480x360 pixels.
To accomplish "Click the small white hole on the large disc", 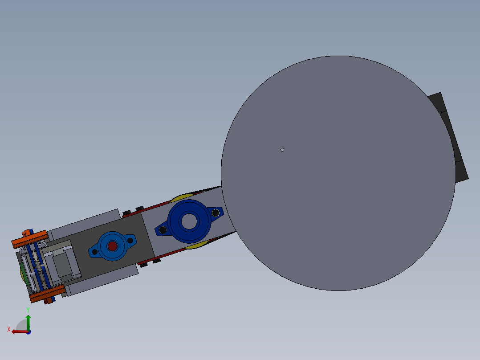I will [x=282, y=150].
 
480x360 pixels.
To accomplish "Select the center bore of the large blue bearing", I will [x=190, y=221].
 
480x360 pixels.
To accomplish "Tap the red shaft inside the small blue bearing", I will [x=112, y=246].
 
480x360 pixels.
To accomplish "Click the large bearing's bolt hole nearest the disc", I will [x=216, y=213].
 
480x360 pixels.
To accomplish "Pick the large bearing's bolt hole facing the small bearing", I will [x=163, y=230].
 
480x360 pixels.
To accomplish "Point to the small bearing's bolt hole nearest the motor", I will [x=94, y=252].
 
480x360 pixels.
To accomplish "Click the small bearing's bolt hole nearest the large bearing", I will [x=130, y=240].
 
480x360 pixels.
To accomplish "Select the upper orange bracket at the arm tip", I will [x=29, y=239].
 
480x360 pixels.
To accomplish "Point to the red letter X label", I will [x=9, y=329].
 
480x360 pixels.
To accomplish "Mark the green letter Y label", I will [x=28, y=309].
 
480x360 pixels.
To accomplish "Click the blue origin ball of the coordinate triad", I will [x=28, y=331].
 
